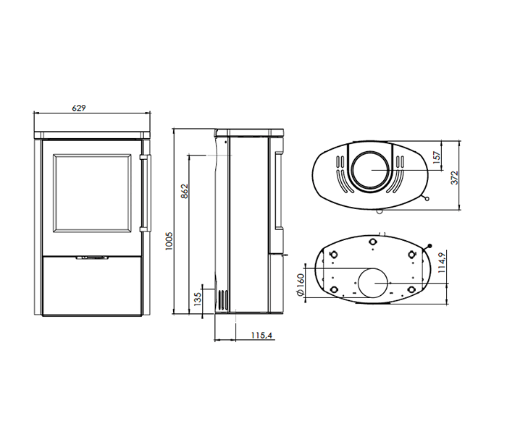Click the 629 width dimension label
pyautogui.click(x=80, y=108)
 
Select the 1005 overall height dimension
pyautogui.click(x=167, y=241)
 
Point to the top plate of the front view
pyautogui.click(x=92, y=134)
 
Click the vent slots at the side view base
pyautogui.click(x=223, y=300)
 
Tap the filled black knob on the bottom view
pyautogui.click(x=430, y=246)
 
